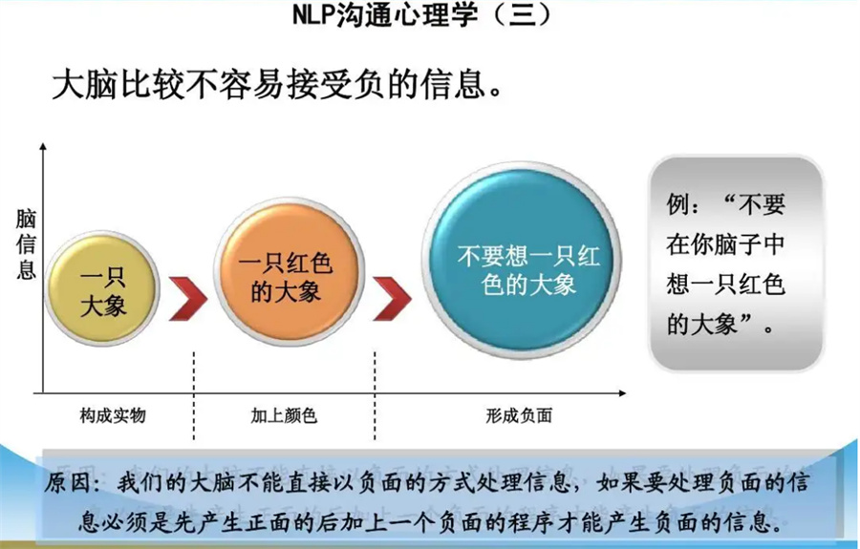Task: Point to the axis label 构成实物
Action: [113, 416]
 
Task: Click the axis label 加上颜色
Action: [284, 416]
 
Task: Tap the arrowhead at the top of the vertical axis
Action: [41, 146]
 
